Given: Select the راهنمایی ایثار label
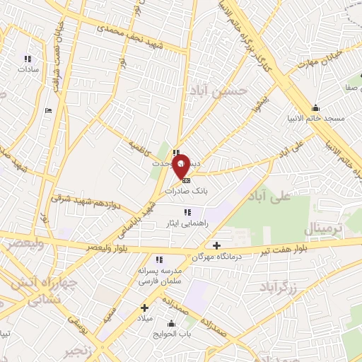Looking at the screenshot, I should click(x=187, y=223).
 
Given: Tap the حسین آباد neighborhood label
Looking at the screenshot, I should click(x=219, y=90).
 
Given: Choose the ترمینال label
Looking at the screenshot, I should click(x=322, y=228).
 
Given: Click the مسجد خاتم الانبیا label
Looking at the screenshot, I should click(x=315, y=118).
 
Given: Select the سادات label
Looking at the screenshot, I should click(x=28, y=69).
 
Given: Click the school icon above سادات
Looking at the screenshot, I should click(x=28, y=59).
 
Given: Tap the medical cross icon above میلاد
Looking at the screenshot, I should click(x=144, y=308).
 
